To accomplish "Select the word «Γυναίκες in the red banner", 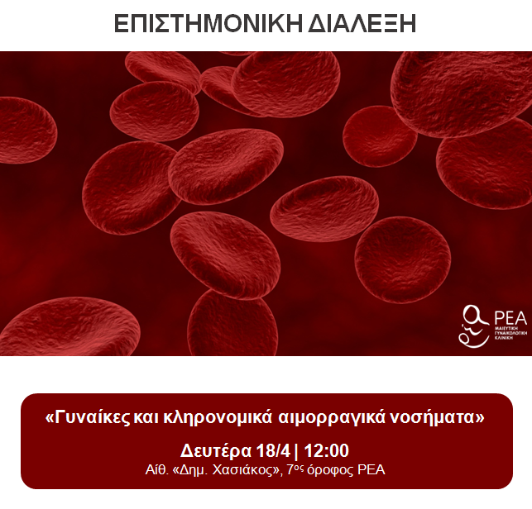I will [x=84, y=418].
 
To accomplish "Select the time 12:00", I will [x=326, y=451].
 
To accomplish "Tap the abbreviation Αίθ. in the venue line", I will [x=157, y=470].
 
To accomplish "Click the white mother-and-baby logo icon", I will [x=474, y=324].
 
